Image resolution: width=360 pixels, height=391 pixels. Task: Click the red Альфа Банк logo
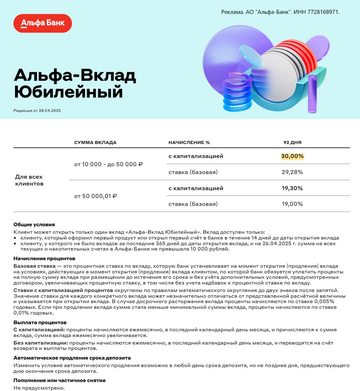(42, 23)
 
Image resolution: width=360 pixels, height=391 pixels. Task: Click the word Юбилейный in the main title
(68, 92)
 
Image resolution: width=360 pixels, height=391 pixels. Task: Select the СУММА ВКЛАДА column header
(95, 142)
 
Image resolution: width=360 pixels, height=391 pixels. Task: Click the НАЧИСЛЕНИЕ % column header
(189, 142)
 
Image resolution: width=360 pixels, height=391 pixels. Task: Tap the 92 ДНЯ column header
(292, 142)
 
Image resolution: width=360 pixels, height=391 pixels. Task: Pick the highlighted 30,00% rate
(292, 156)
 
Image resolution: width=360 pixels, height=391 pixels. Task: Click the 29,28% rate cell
(292, 172)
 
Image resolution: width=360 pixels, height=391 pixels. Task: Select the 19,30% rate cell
(292, 188)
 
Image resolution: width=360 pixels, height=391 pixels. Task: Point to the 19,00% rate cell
(292, 204)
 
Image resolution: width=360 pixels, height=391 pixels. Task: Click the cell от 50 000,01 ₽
(96, 196)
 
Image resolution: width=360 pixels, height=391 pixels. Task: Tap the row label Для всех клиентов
(29, 180)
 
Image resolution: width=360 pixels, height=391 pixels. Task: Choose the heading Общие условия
(34, 224)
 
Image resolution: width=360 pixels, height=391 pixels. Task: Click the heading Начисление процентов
(44, 258)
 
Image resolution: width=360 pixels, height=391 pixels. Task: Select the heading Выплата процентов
(40, 322)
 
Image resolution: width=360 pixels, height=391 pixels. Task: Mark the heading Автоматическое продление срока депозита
(72, 357)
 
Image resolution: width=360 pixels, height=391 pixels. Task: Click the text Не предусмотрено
(39, 387)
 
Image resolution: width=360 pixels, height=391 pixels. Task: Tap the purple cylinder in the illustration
(312, 94)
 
